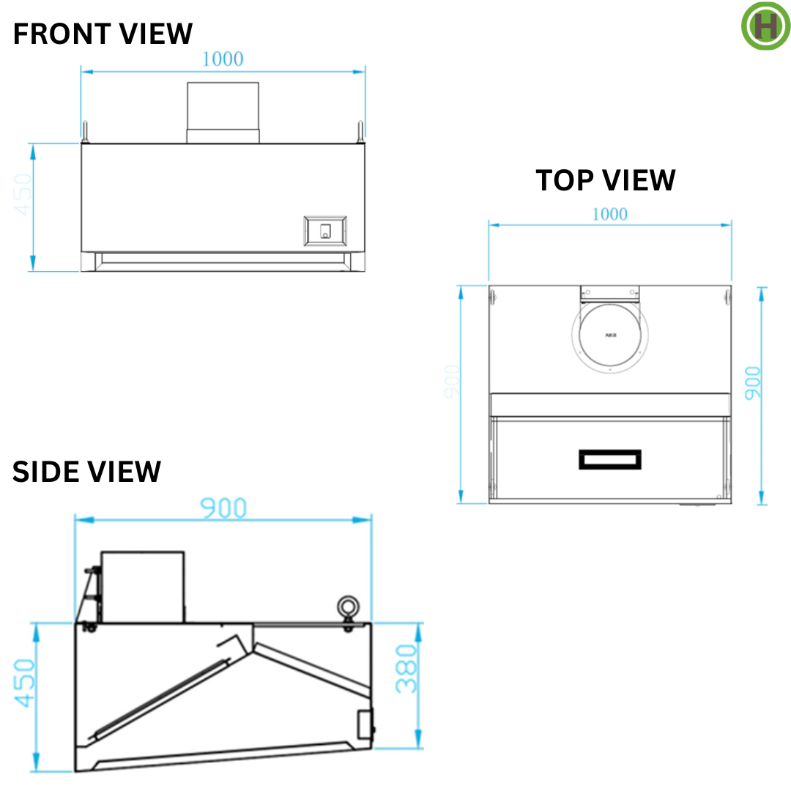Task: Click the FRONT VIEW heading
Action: (x=103, y=34)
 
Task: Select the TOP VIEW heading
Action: (x=605, y=180)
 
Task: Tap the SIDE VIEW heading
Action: (x=86, y=472)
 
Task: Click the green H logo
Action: (x=765, y=26)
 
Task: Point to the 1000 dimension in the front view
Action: (x=223, y=59)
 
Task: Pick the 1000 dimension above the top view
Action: (x=609, y=214)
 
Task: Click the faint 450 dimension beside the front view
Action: (x=23, y=194)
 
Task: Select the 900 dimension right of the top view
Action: (x=752, y=382)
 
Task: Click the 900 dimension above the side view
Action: (x=223, y=508)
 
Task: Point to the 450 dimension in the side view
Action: (x=24, y=683)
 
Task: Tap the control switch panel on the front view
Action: (x=324, y=231)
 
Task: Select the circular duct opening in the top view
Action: (x=610, y=335)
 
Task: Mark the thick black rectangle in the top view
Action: (x=610, y=459)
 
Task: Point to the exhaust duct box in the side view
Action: (x=142, y=587)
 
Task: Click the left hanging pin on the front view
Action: (x=86, y=131)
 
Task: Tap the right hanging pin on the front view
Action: (x=360, y=131)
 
